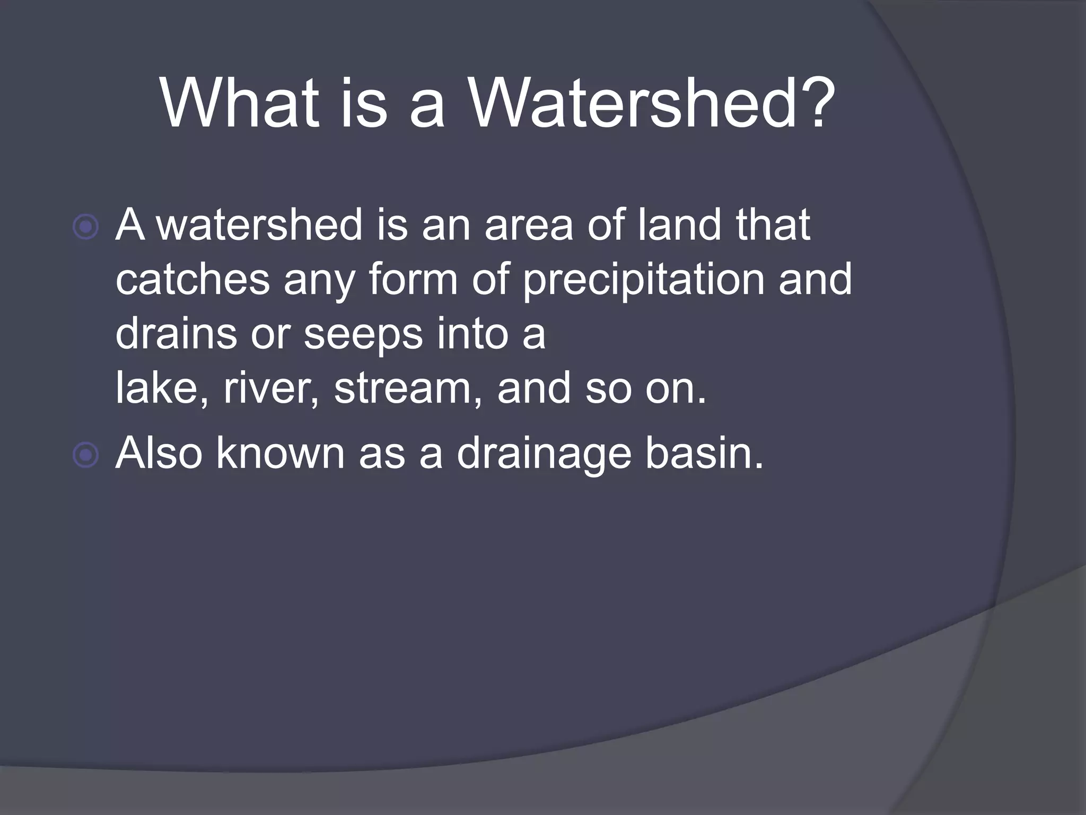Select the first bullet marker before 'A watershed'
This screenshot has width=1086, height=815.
(85, 227)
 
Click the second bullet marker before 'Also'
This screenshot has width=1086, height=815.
(85, 455)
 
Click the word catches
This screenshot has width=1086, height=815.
(192, 280)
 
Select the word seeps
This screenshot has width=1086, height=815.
(363, 336)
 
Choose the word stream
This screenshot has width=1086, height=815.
(408, 388)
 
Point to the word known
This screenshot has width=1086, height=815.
(280, 454)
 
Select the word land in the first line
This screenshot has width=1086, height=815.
(679, 225)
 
